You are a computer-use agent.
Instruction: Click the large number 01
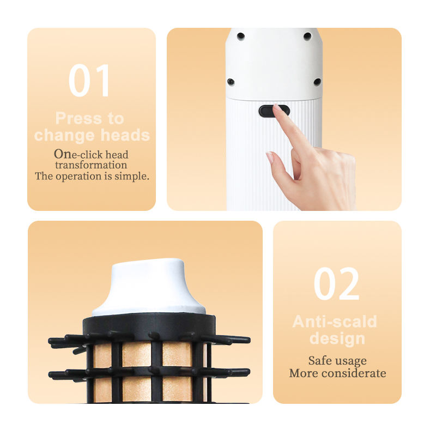pyautogui.click(x=89, y=80)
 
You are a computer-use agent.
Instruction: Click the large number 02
pyautogui.click(x=336, y=283)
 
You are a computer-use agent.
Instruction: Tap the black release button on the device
pyautogui.click(x=274, y=111)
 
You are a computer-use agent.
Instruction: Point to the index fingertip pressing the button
pyautogui.click(x=277, y=108)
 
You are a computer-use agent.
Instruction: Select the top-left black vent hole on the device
pyautogui.click(x=241, y=36)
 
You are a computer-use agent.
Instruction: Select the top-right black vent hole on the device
pyautogui.click(x=307, y=36)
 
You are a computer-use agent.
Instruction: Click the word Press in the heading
pyautogui.click(x=78, y=118)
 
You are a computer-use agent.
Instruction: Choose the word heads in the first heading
pyautogui.click(x=125, y=135)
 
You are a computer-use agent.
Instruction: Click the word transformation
pyautogui.click(x=91, y=165)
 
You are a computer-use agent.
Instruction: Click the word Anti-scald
pyautogui.click(x=335, y=322)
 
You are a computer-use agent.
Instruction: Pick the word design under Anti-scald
pyautogui.click(x=337, y=339)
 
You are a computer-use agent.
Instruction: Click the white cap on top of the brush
pyautogui.click(x=149, y=288)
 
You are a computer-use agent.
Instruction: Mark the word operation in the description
pyautogui.click(x=78, y=177)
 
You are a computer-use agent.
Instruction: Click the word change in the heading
pyautogui.click(x=64, y=135)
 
